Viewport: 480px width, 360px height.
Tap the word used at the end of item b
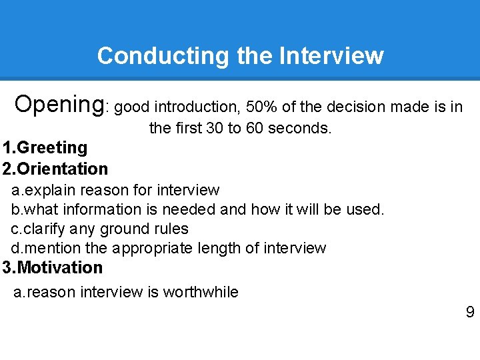pos(365,209)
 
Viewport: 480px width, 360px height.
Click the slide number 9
pos(470,312)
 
